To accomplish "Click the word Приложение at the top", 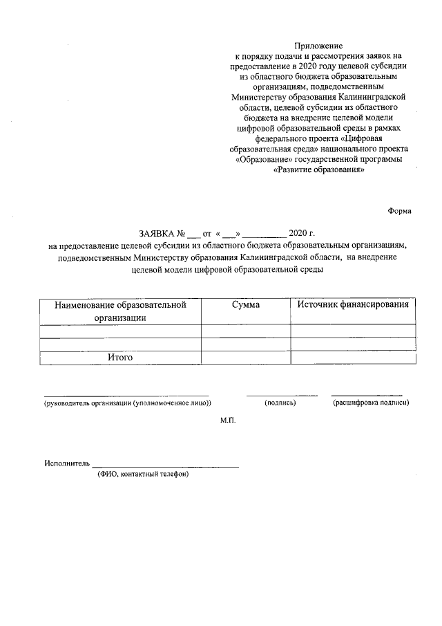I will point(319,44).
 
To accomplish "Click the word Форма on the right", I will point(400,212).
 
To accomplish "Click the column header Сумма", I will point(245,305).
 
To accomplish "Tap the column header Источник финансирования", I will point(353,305).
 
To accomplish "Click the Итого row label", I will point(119,357).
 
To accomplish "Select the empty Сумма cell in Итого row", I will point(245,357).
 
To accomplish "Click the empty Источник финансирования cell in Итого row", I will point(353,357).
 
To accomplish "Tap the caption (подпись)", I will point(280,403).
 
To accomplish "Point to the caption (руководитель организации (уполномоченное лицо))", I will point(127,403).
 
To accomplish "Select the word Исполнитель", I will point(67,463).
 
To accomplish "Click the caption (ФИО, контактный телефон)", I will point(143,475).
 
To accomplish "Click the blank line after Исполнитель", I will point(165,465).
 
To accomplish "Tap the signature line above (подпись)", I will point(282,394).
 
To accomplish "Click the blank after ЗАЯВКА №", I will point(193,234).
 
